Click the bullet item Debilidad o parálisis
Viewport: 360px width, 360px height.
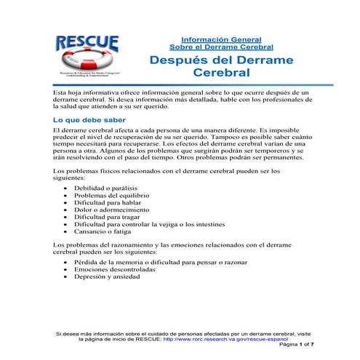pyautogui.click(x=103, y=188)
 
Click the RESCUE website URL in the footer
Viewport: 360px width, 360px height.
pyautogui.click(x=225, y=340)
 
